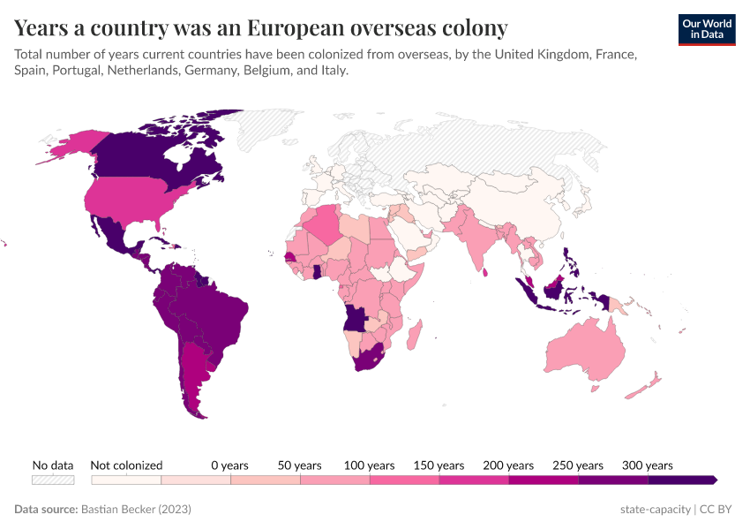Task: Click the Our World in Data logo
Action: (x=707, y=28)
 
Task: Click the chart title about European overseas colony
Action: (x=260, y=28)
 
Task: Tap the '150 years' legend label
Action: (x=439, y=465)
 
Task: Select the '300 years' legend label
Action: (x=648, y=465)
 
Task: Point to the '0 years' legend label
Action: (x=229, y=465)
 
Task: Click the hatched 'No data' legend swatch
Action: (x=52, y=480)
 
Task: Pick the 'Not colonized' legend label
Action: (x=126, y=465)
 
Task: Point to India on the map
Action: (x=477, y=238)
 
